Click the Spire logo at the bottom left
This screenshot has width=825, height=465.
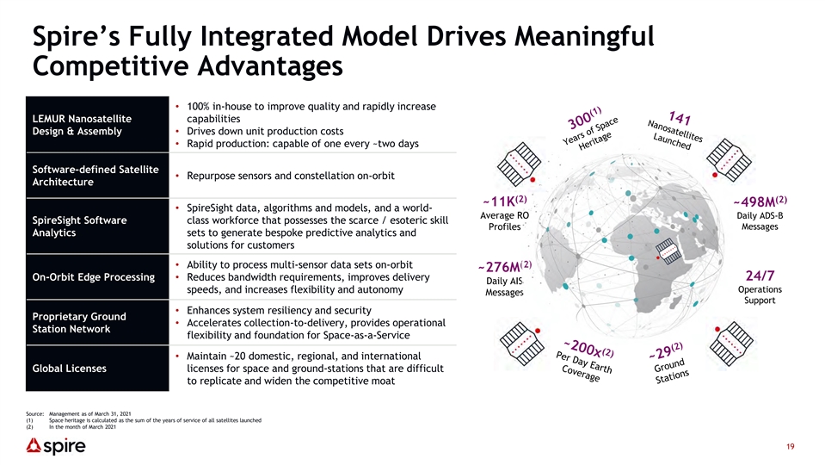coord(56,447)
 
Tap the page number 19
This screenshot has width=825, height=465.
coord(791,447)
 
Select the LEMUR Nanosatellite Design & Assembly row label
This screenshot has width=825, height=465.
coord(82,125)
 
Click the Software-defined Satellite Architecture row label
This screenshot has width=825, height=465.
coord(95,176)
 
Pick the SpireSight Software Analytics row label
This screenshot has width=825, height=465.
coord(79,226)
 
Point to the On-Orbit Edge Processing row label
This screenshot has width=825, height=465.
coord(94,277)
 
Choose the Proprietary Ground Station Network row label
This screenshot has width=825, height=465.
coord(79,322)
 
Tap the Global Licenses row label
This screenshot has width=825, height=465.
coord(70,369)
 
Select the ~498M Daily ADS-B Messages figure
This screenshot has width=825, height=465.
coord(760,214)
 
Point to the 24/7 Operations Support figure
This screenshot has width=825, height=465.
coord(760,287)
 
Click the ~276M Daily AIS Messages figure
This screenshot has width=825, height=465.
coord(505,279)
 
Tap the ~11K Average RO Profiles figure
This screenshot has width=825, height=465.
coord(505,214)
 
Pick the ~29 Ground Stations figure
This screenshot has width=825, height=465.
coord(668,363)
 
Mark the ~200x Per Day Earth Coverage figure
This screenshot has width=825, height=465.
coord(584,360)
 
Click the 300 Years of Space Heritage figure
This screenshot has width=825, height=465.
coord(588,129)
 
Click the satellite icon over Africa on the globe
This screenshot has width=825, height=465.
coord(668,251)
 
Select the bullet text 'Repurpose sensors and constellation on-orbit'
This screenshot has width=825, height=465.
coord(291,176)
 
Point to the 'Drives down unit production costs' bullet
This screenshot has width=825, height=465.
coord(265,131)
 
